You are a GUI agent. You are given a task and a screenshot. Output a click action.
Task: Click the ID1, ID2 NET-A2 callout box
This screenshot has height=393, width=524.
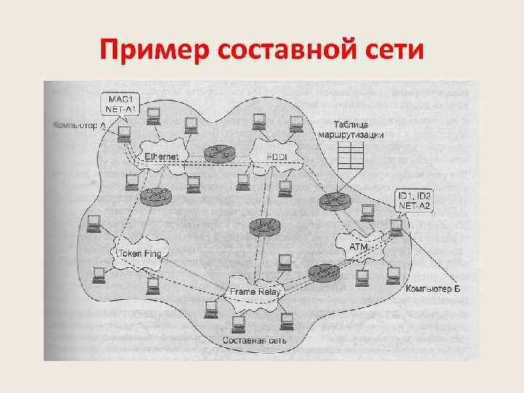pos(414,201)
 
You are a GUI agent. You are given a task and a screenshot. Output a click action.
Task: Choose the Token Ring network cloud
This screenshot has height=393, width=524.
pos(138,253)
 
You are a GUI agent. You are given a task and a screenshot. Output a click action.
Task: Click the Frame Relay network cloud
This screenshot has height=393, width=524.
pos(255,291)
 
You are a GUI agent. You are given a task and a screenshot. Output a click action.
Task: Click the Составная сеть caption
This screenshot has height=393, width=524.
pos(254,340)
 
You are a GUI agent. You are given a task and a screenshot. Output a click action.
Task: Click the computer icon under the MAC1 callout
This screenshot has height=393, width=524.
pos(125,132)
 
